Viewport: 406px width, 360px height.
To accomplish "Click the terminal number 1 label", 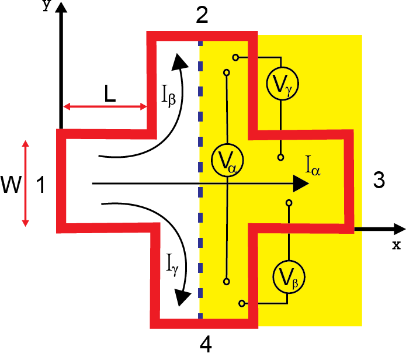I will click(x=40, y=186).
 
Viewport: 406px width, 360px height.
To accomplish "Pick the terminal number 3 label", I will click(x=379, y=181).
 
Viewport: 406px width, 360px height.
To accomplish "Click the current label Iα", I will click(x=313, y=168).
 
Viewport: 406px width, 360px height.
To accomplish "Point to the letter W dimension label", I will click(x=11, y=186).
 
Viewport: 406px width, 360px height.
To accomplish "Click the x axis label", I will click(x=397, y=245).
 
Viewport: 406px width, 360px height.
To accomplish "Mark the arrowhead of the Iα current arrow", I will click(x=301, y=184).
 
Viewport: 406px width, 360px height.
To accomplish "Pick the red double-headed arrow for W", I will click(x=25, y=182).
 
